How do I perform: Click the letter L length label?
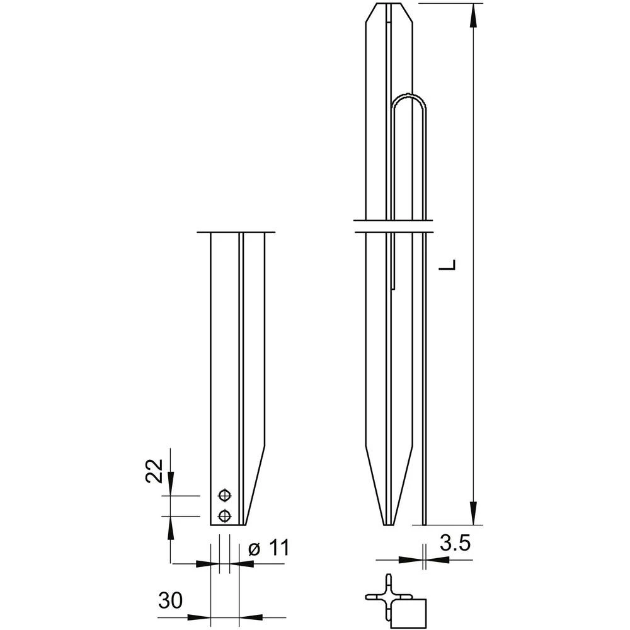pos(448,265)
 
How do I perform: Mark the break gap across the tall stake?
pos(392,226)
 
